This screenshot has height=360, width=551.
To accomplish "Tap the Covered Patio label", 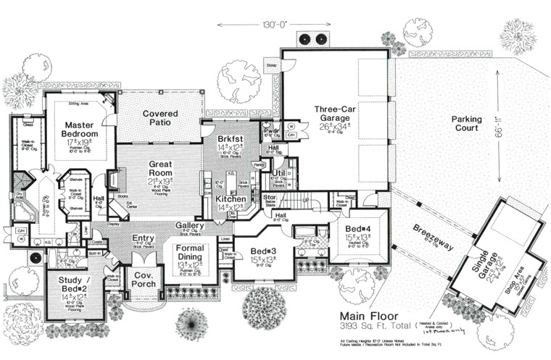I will [x=161, y=118].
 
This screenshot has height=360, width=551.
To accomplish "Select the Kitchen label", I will [x=231, y=198].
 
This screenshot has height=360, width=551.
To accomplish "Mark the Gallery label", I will [x=190, y=226].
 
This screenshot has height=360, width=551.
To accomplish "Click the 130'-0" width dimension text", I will [x=272, y=25].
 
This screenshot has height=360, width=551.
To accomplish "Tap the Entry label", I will [x=143, y=238].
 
